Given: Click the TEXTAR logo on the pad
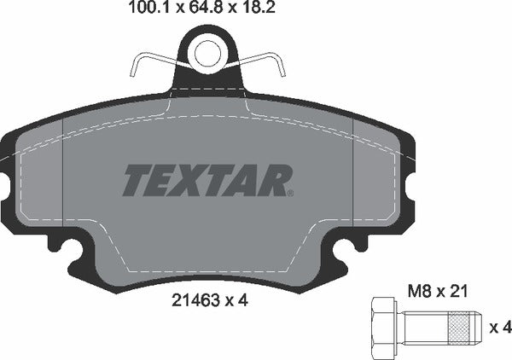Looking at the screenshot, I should (208, 180).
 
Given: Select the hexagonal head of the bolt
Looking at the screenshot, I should (384, 327).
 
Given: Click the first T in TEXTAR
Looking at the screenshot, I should (137, 180).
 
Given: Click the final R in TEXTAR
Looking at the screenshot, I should (276, 180).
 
